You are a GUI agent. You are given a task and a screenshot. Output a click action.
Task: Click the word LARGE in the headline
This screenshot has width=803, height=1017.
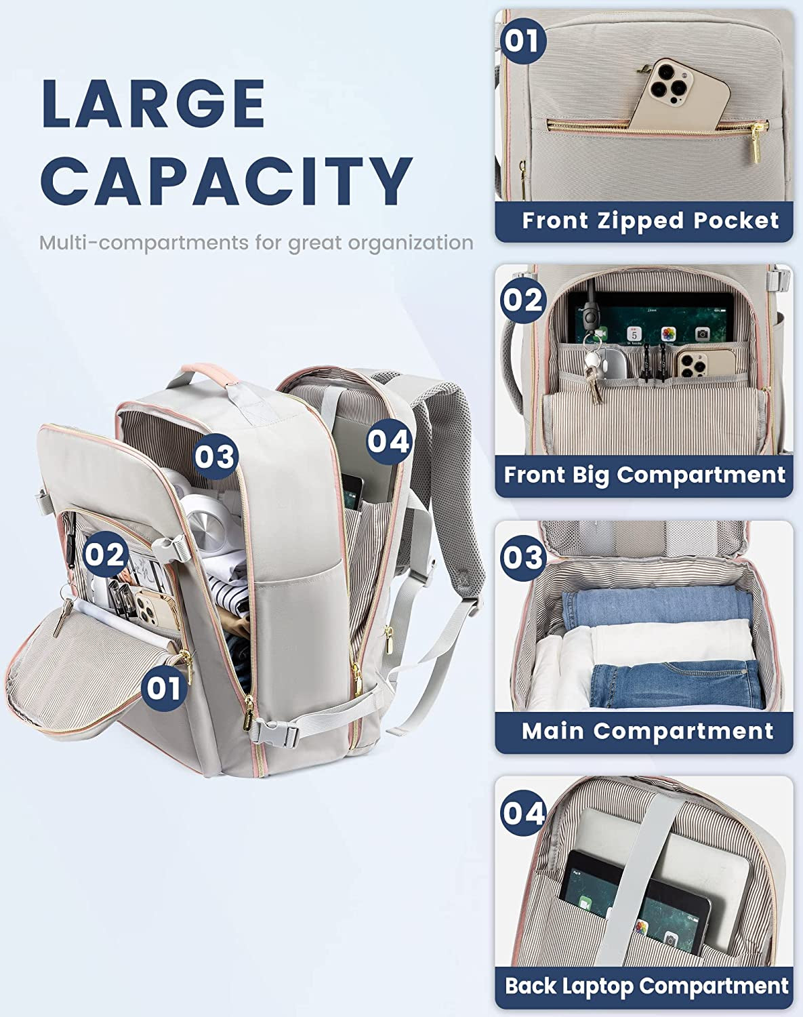(x=153, y=104)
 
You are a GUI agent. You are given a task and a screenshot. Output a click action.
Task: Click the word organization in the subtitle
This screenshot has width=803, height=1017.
(x=411, y=243)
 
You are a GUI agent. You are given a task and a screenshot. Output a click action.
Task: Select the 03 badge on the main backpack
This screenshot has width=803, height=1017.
(x=215, y=456)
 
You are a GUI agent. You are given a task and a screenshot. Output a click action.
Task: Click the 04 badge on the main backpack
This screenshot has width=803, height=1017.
(x=389, y=441)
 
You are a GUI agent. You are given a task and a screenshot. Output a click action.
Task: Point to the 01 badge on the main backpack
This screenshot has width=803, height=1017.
(x=163, y=688)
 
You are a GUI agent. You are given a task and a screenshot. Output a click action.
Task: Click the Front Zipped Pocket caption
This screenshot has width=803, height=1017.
(x=650, y=221)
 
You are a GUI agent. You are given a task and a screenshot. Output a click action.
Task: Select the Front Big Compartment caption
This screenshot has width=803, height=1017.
(x=644, y=475)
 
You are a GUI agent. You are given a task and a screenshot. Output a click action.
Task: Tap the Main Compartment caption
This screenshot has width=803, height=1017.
(x=647, y=731)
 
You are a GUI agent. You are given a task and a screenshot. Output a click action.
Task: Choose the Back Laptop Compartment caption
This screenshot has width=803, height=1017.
(x=646, y=986)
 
